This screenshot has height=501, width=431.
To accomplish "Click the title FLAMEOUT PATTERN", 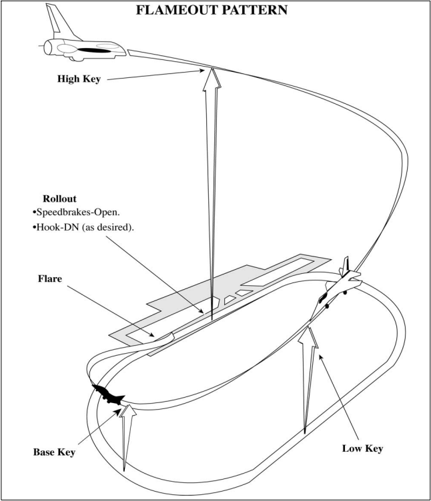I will click(x=215, y=11).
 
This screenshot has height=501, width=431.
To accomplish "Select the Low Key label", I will click(x=361, y=449).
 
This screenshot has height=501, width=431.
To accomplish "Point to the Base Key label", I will click(x=54, y=452).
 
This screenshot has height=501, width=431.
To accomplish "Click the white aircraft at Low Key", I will click(x=342, y=282).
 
